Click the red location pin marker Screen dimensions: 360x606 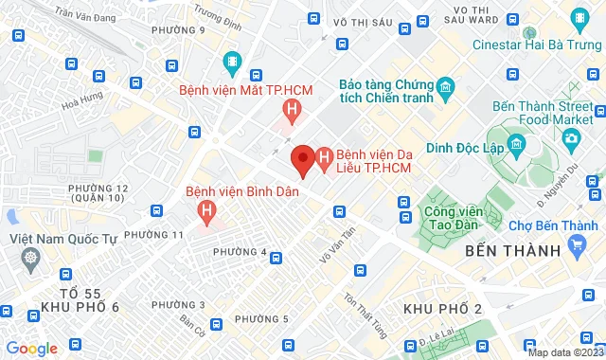[302, 159]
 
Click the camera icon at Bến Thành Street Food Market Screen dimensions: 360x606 [571, 139]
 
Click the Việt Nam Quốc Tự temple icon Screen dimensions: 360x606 [31, 258]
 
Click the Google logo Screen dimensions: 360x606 [30, 348]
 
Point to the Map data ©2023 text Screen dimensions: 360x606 [564, 352]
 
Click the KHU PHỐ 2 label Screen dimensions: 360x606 [442, 309]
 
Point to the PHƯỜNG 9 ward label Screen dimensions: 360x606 [178, 30]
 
